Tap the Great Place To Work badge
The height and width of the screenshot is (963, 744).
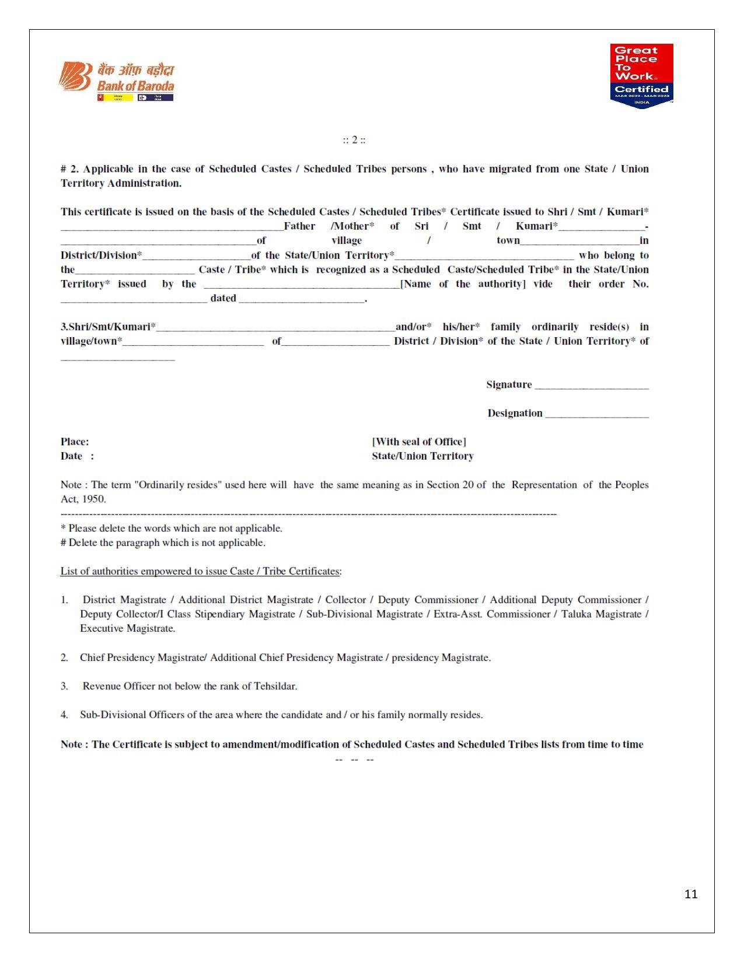tap(641, 75)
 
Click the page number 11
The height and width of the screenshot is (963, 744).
tap(691, 894)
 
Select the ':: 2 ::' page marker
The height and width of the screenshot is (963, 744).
tap(354, 140)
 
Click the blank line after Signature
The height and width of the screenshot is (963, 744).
tap(591, 386)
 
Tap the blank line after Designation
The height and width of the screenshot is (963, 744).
tap(596, 415)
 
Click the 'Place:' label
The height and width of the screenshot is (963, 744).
tap(75, 442)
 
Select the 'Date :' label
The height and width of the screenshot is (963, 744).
tap(77, 456)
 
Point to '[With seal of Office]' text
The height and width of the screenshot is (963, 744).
tap(419, 442)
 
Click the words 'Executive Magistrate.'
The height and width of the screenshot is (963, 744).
tap(127, 628)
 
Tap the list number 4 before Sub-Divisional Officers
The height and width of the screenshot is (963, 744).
tap(64, 715)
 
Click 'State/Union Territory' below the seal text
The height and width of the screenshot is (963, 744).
tap(422, 456)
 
